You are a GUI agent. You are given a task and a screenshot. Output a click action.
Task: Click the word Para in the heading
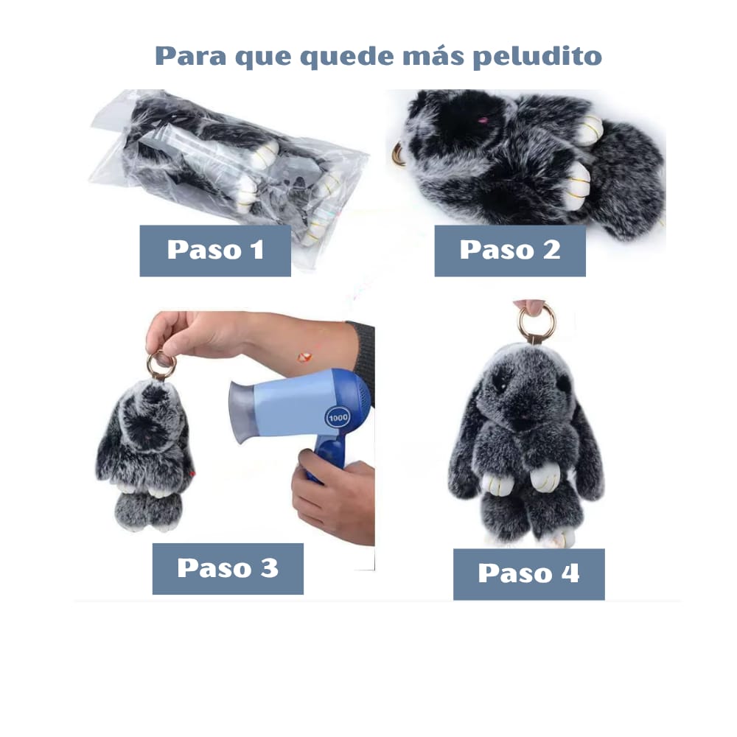tap(191, 55)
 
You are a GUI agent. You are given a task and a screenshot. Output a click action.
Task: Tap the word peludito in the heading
tap(537, 57)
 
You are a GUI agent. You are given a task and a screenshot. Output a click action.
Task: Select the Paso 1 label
tap(215, 251)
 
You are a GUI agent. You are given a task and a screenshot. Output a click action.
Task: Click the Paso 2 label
tap(510, 251)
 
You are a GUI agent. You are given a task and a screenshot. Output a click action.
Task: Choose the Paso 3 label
tap(228, 569)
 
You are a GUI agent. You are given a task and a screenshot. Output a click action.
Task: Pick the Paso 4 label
tap(528, 574)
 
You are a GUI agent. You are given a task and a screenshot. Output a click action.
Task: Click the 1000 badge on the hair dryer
tap(338, 417)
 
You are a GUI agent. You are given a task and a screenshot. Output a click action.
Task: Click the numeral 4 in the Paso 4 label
tap(570, 573)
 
